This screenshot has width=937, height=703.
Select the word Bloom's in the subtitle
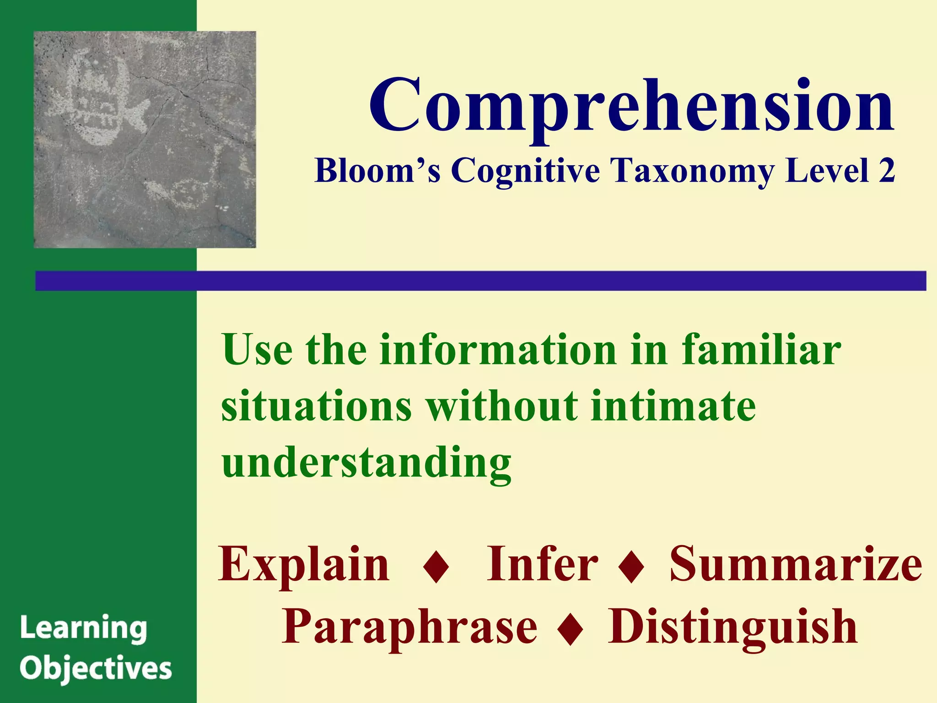click(378, 171)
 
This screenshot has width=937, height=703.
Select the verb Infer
click(542, 565)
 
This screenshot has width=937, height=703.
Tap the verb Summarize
click(796, 565)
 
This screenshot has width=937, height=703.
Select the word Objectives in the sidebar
click(96, 669)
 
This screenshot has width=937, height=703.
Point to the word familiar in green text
click(761, 350)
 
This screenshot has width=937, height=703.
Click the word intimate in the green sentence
click(673, 406)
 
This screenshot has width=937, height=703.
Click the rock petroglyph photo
click(145, 140)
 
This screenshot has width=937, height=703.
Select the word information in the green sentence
click(498, 350)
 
